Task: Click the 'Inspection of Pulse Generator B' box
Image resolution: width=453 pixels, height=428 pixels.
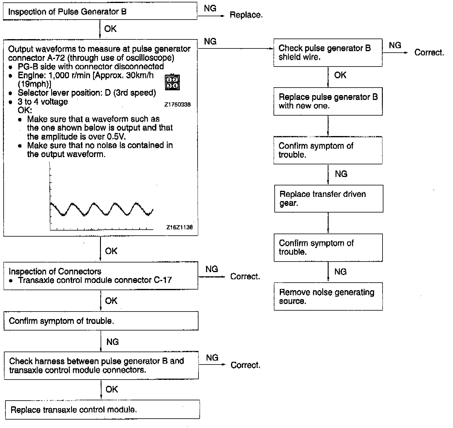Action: pos(100,12)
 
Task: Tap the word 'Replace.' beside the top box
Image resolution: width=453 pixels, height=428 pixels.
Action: pos(246,15)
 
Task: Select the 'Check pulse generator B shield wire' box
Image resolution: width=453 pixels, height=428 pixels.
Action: pos(328,52)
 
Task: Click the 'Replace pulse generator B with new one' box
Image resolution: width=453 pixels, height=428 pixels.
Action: pos(328,101)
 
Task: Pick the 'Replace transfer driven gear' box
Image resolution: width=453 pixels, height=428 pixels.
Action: pos(328,199)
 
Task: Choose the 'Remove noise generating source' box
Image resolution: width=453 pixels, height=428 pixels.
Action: pos(328,296)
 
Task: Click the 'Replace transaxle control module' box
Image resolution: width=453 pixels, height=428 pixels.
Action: pos(102,410)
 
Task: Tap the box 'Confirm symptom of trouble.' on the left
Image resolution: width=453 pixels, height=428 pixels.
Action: pos(101,321)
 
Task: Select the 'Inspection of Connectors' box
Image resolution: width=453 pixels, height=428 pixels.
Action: pos(101,276)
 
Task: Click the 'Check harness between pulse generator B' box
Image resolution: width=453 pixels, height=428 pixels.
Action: pos(101,365)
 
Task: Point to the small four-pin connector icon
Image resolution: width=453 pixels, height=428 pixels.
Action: pos(172,82)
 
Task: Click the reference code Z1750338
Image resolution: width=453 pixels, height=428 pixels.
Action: pos(177,105)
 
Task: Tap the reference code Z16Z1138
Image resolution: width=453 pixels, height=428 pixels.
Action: pos(180,228)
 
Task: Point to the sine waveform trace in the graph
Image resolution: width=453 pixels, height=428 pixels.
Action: pos(102,209)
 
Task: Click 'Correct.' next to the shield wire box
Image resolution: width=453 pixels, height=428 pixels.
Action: pos(429,53)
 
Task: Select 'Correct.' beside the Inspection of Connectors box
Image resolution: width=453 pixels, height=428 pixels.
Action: pos(245,277)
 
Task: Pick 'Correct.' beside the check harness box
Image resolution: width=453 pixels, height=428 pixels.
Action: pos(245,365)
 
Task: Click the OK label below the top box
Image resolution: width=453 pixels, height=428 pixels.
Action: pos(110,29)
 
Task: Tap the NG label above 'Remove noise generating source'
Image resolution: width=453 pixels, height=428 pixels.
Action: pos(340,272)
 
